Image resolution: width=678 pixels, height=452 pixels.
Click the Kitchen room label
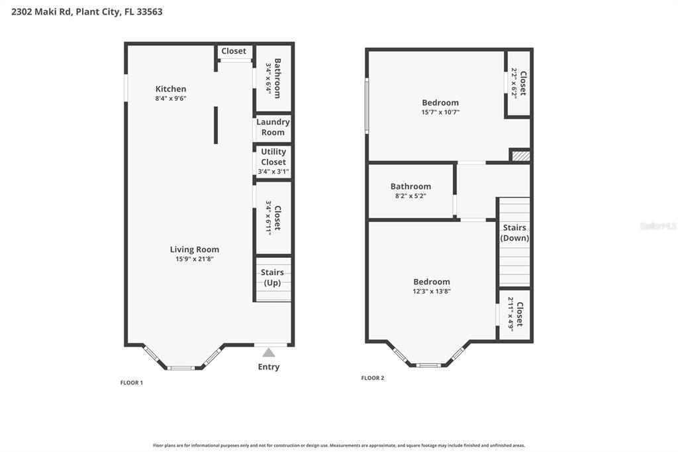[x=171, y=89]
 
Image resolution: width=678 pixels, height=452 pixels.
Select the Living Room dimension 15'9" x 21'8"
[x=195, y=259]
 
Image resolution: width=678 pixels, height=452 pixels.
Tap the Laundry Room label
[x=273, y=127]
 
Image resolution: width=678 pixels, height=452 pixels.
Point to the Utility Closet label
[x=273, y=156]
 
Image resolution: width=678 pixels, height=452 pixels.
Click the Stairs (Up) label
[x=272, y=278]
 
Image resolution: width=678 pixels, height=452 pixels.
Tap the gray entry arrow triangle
[x=268, y=353]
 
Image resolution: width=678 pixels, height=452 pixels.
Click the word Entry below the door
[x=268, y=367]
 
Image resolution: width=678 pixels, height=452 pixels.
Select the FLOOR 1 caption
[x=131, y=382]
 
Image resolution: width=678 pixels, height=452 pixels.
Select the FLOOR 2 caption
[x=372, y=378]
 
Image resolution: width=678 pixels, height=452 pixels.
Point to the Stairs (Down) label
[x=514, y=233]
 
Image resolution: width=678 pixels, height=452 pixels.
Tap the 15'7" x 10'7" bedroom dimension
[x=440, y=112]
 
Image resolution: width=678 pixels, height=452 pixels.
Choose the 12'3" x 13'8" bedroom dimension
[x=432, y=291]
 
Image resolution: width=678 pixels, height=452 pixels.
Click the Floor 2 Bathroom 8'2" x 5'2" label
[x=411, y=191]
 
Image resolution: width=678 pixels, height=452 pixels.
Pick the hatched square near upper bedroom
[x=521, y=156]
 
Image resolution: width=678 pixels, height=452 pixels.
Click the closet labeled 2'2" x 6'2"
[x=518, y=83]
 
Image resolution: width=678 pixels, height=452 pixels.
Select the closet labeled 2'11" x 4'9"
[x=515, y=314]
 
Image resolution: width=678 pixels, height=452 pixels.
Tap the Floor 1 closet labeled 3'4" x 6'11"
[x=273, y=217]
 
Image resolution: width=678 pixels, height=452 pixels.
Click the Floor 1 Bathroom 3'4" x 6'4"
[x=273, y=78]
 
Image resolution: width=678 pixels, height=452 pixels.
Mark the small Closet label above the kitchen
[x=234, y=51]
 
